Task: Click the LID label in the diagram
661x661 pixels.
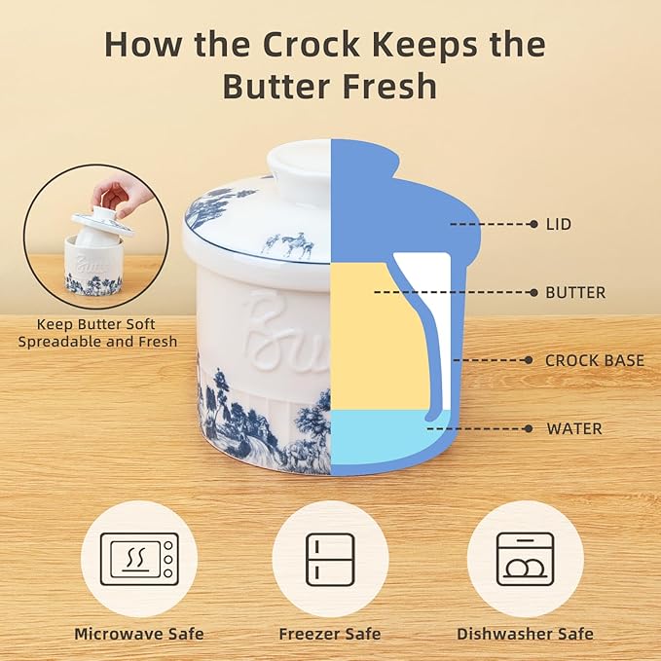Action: tap(558, 224)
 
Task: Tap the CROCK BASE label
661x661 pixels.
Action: tap(594, 360)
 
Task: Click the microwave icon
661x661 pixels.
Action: tap(138, 559)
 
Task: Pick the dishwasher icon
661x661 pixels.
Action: tap(525, 559)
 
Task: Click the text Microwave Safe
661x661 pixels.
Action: tap(139, 634)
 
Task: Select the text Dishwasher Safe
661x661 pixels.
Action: tap(525, 634)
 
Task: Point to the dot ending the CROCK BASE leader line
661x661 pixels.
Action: tap(528, 360)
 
